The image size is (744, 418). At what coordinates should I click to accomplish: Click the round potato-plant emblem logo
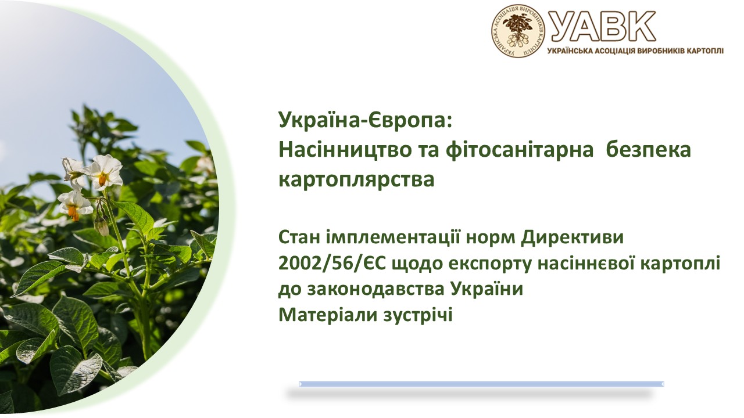[518, 31]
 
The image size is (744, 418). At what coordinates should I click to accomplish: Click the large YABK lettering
[602, 26]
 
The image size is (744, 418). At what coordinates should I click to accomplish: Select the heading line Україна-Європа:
[366, 120]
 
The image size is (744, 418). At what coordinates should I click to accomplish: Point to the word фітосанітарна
[520, 150]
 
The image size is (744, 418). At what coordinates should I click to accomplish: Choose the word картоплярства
[356, 179]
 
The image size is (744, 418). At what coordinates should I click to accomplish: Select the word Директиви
[573, 238]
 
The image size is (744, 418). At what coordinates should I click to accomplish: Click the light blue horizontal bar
[481, 384]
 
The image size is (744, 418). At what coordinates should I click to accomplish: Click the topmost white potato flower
[104, 172]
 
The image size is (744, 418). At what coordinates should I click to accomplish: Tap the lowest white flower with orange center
[74, 205]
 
